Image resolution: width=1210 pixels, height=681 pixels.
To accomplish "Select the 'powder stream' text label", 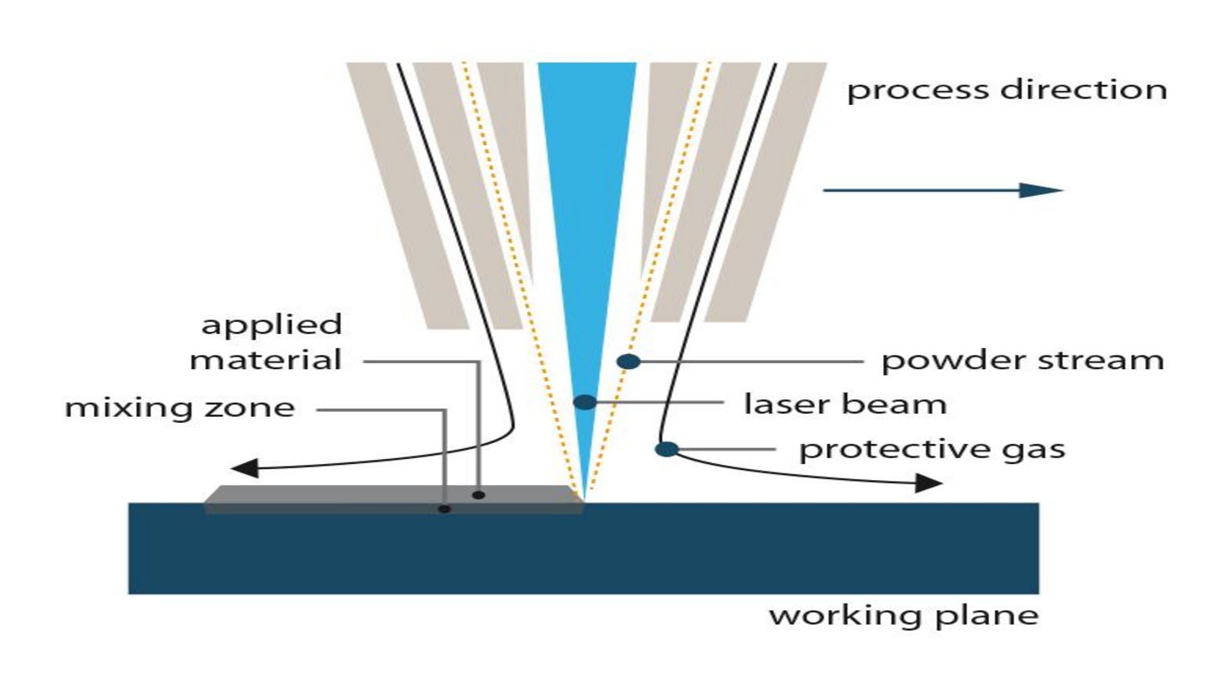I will click(1022, 362).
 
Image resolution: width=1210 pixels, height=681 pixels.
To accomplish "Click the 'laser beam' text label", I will click(845, 404).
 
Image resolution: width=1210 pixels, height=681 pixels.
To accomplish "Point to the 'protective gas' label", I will click(931, 449).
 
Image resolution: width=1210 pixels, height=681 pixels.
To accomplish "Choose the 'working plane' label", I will click(903, 616).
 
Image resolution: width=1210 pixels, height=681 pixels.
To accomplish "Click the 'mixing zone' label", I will click(181, 409).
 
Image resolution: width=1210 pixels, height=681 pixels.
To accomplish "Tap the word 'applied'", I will click(271, 325).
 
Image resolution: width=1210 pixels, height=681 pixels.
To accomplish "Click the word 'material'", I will click(266, 362).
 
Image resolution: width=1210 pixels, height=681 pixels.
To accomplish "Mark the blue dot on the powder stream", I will click(629, 362).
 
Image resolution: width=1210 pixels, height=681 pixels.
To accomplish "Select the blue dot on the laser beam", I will click(585, 402).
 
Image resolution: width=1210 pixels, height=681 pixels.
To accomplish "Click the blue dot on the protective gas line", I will click(666, 449).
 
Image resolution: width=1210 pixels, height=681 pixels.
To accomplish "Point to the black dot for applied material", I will click(478, 494).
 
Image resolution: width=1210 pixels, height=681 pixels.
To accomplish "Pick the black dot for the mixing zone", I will click(445, 509).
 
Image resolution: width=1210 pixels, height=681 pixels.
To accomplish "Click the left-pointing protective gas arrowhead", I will click(244, 467).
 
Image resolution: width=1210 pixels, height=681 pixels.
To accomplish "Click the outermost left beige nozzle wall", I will click(407, 193).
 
